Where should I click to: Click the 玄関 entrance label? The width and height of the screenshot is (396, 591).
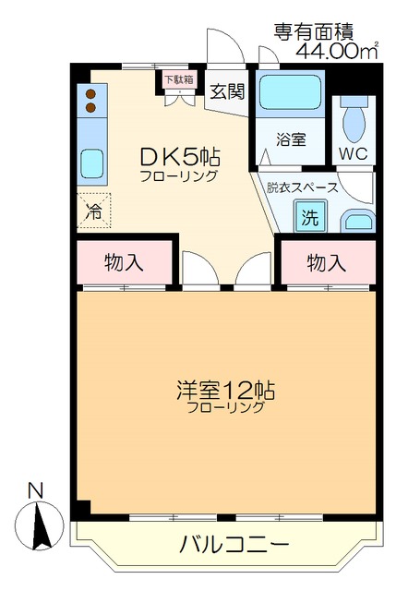225,90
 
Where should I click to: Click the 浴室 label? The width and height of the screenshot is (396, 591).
291,140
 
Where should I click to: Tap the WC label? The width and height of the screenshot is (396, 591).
354,152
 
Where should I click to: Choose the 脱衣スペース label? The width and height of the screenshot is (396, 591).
302,187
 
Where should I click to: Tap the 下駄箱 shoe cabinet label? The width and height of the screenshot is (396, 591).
178,79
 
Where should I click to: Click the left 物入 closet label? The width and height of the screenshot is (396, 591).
123,262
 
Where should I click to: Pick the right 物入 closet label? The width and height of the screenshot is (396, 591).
326,262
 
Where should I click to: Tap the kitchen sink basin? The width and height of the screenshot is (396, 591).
92,164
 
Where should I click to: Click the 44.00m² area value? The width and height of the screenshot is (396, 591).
336,51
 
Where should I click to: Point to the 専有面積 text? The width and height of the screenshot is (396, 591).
314,30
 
